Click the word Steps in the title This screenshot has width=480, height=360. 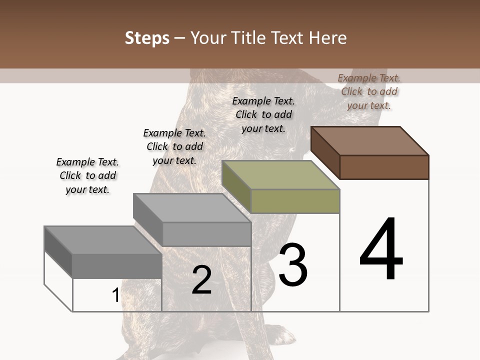pos(147,38)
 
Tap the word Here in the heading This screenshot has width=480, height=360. pos(327,38)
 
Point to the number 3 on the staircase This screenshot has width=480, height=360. pos(293,265)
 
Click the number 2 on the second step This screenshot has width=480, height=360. pos(201,280)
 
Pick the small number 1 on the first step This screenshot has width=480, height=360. pos(115,295)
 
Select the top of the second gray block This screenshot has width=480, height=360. pos(192,207)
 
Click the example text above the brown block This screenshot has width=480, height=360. pos(369,91)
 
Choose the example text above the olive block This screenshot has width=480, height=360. pos(263,114)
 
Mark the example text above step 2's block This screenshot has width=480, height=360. pos(174,146)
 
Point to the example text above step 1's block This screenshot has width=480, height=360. pos(87,175)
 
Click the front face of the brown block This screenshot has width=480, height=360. pos(384,167)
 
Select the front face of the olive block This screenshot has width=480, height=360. pos(295,201)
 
